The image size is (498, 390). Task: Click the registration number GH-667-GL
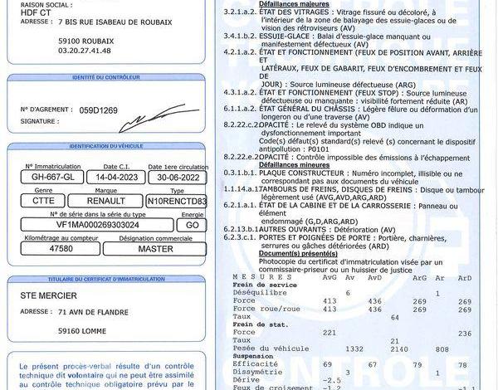pos(53,177)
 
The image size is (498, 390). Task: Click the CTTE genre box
pos(43,200)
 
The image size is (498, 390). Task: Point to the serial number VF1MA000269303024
pos(97,224)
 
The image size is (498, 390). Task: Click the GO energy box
pos(192,224)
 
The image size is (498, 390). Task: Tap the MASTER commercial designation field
pos(155,248)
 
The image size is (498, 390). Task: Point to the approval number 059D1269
pos(99,110)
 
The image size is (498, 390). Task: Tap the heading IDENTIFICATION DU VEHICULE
pos(106,146)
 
